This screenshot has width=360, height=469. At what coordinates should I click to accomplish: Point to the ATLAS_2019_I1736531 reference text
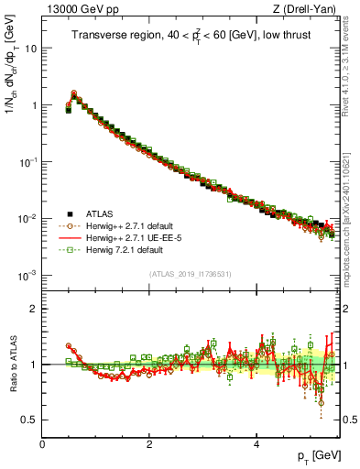pos(191,274)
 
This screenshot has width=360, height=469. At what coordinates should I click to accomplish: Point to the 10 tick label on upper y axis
pos(30,49)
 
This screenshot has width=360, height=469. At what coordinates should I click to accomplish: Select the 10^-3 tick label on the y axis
pos(27,275)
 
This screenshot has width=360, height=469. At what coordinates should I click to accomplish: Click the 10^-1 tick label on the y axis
pos(27,161)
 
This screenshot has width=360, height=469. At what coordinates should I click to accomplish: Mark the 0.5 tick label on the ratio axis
pos(30,420)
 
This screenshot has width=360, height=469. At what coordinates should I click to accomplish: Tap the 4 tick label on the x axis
pos(256,443)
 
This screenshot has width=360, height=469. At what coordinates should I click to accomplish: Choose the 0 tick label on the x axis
pos(42,443)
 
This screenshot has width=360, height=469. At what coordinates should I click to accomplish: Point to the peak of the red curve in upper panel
pos(73,93)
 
